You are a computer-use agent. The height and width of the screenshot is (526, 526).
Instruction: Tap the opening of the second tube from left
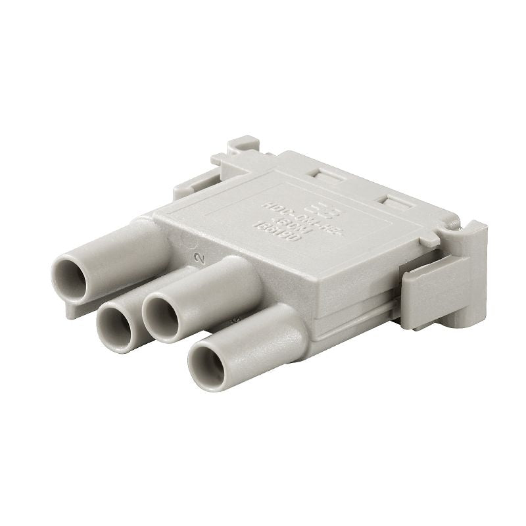coord(116,325)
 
